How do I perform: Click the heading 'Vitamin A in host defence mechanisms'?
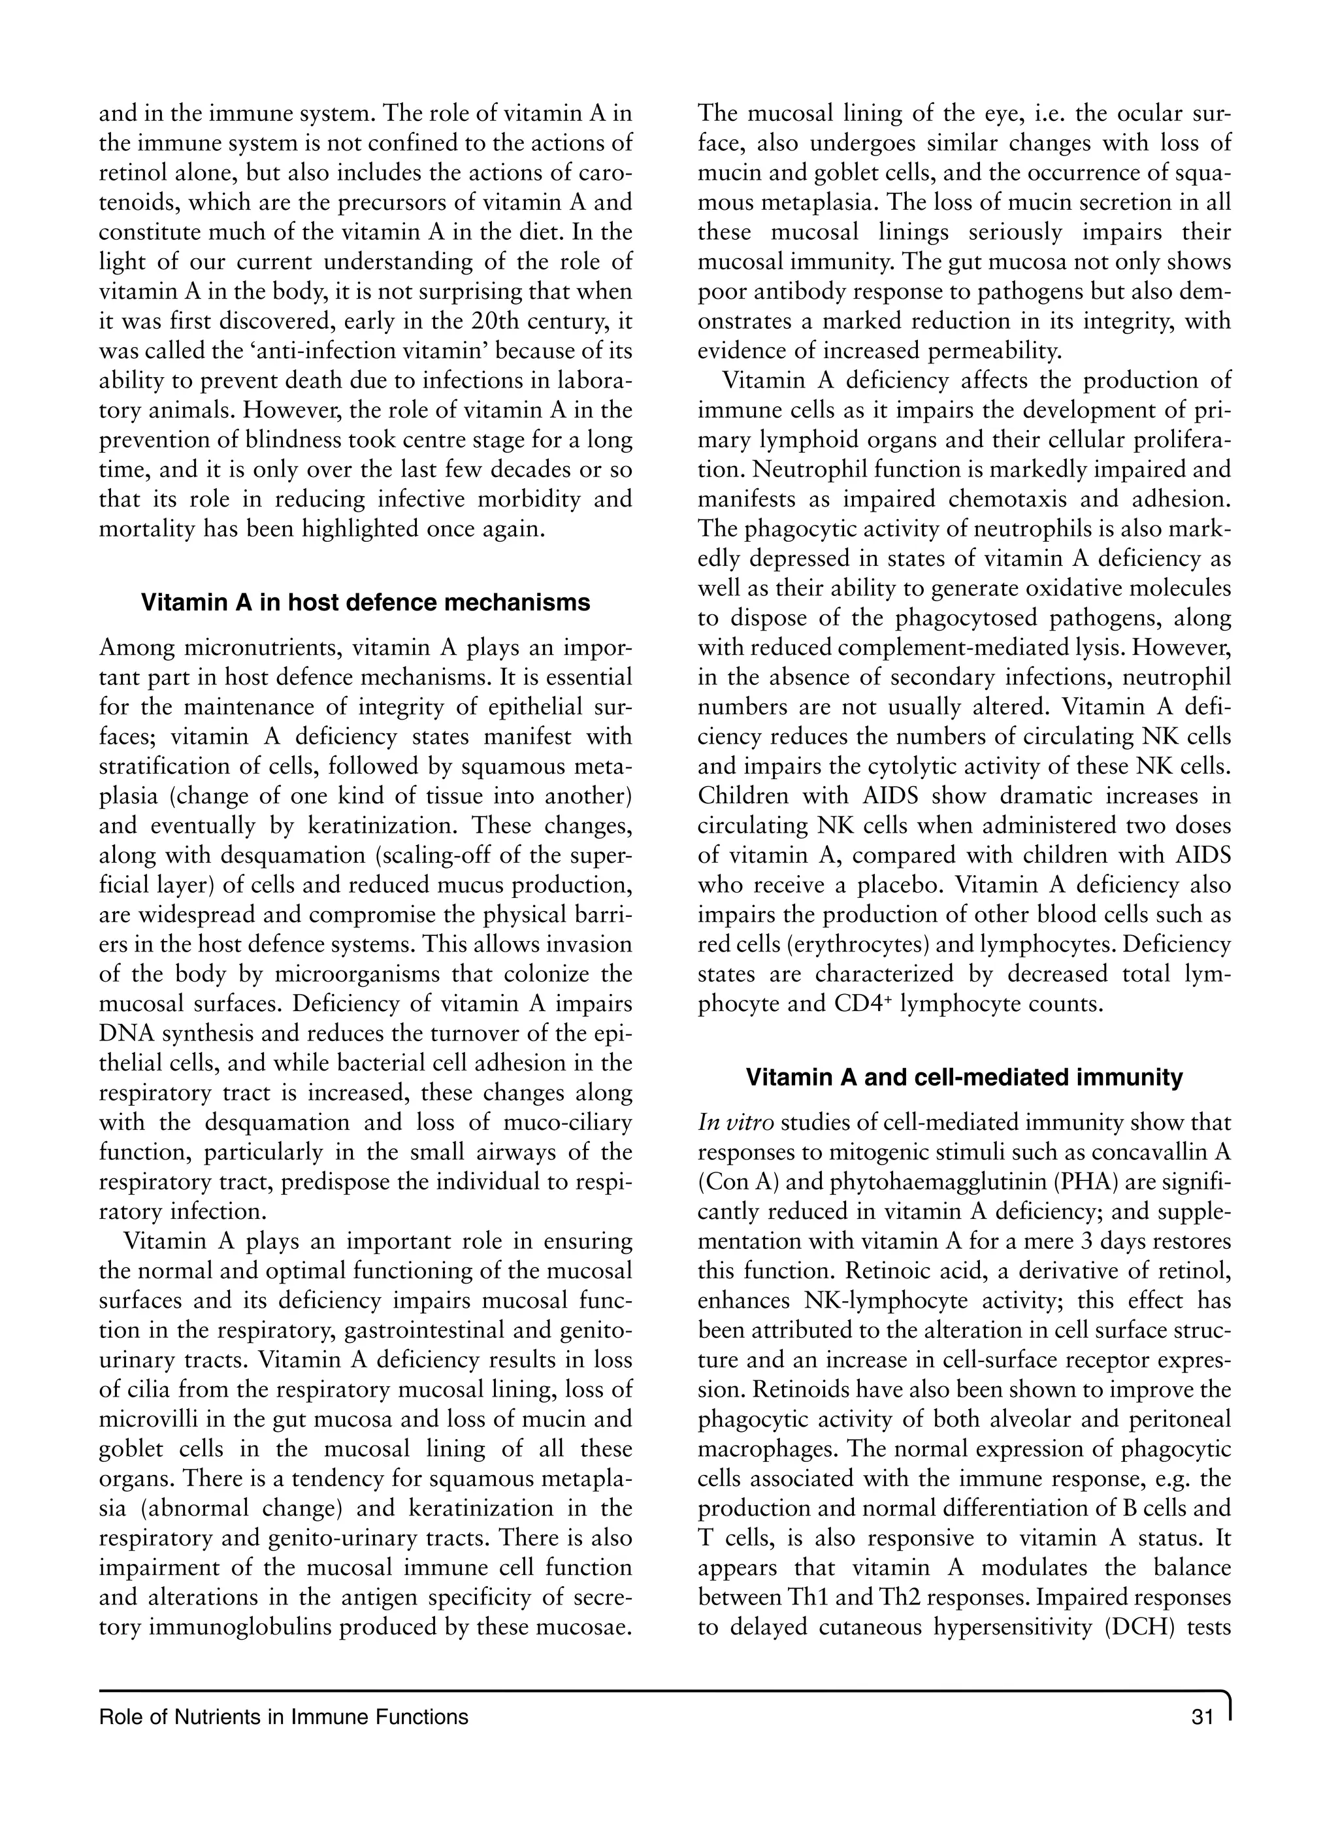365,603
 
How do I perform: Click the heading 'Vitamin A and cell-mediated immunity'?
964,1077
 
